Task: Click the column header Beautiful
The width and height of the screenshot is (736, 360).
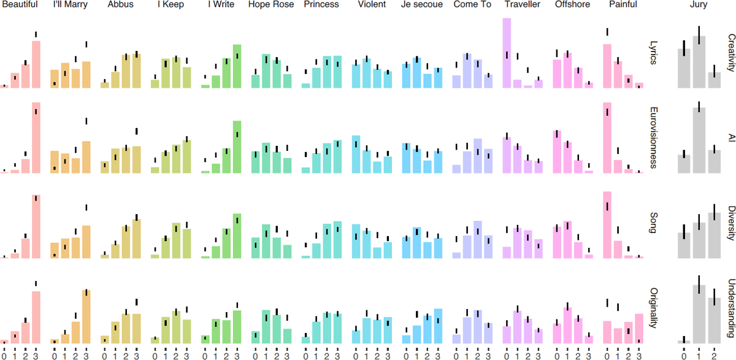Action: pyautogui.click(x=20, y=5)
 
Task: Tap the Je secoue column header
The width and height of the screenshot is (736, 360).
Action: pyautogui.click(x=421, y=5)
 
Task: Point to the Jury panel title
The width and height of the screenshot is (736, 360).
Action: pyautogui.click(x=697, y=5)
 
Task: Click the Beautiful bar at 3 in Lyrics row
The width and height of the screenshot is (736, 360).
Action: pyautogui.click(x=36, y=64)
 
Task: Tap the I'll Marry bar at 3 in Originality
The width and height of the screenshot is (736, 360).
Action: pyautogui.click(x=86, y=316)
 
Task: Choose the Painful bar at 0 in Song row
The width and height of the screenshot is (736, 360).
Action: pyautogui.click(x=607, y=224)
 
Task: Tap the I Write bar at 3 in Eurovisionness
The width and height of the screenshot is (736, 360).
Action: pyautogui.click(x=237, y=147)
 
